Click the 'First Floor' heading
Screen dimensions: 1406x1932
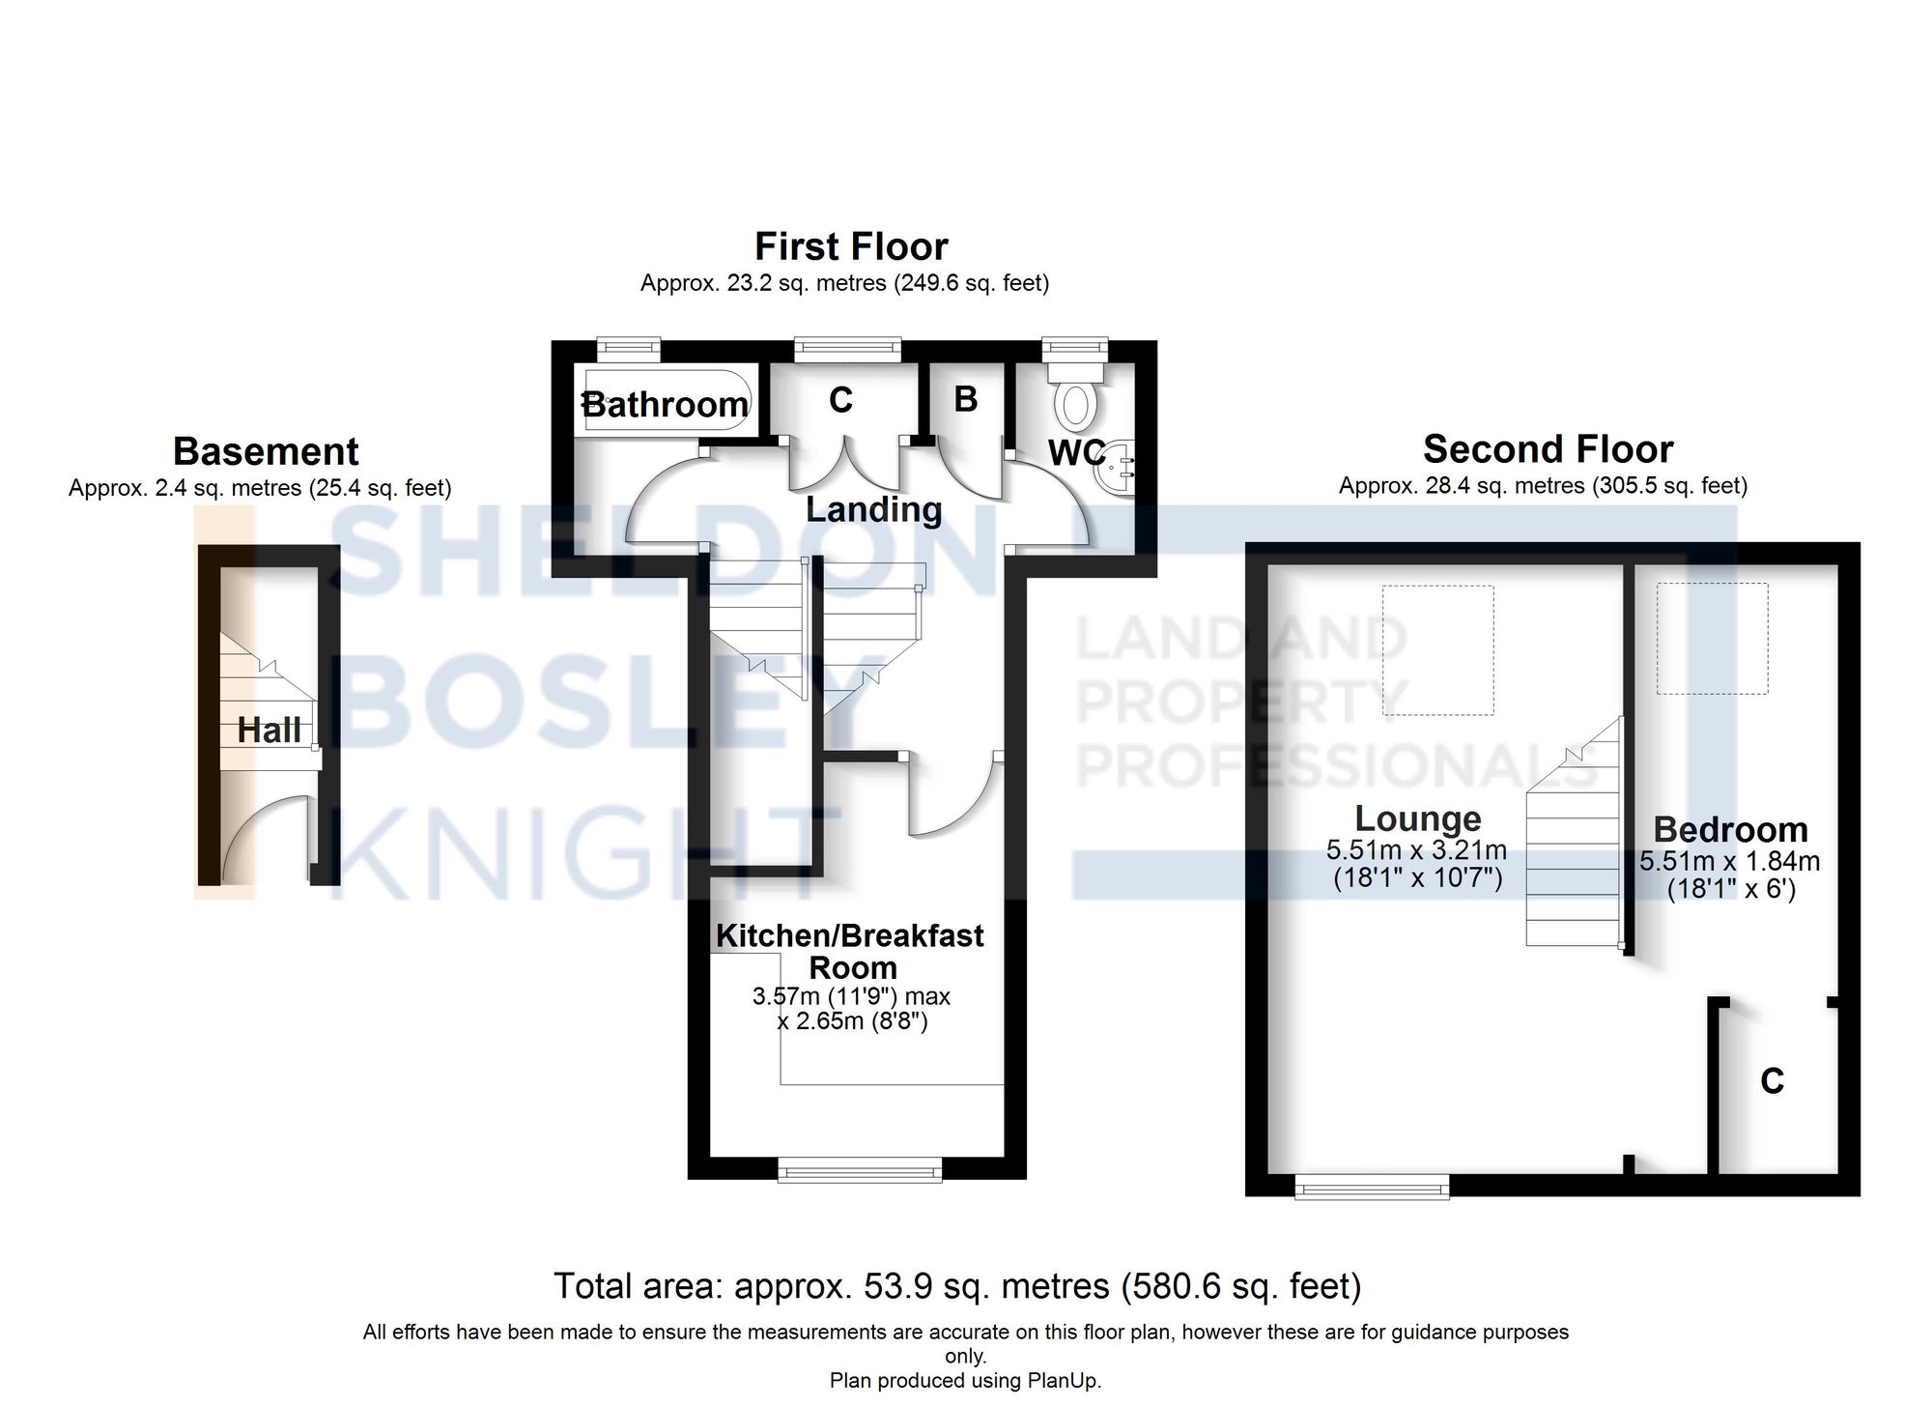850,247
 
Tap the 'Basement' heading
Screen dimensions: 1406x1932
266,452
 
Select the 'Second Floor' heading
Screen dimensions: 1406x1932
1548,450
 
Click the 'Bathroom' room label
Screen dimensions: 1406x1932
665,404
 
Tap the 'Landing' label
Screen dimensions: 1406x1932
873,509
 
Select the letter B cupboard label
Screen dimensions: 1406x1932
965,399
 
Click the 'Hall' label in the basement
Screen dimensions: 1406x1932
269,731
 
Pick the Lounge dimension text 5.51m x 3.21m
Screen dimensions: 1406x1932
1416,850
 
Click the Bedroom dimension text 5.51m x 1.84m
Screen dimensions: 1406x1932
1729,861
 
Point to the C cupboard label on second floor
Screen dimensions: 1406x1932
1772,1081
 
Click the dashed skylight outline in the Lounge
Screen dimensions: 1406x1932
1437,650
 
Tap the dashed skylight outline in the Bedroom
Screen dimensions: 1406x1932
1712,638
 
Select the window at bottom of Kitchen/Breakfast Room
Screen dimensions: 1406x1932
860,1173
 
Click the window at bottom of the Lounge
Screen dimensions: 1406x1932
1371,1187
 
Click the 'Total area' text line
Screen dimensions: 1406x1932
956,1287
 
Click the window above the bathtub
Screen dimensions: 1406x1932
629,347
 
